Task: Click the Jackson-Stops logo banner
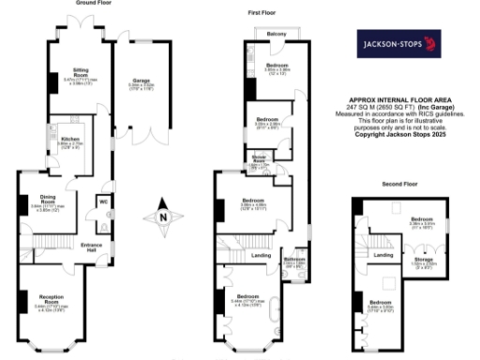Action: (x=397, y=43)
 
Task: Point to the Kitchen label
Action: (x=70, y=139)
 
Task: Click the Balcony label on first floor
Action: (x=276, y=34)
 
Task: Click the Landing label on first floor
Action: (x=262, y=255)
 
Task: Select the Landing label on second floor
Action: (x=382, y=254)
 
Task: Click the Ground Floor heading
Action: (x=93, y=4)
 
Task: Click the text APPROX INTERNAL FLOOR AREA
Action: (x=401, y=98)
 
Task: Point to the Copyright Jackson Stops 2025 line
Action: (x=401, y=133)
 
